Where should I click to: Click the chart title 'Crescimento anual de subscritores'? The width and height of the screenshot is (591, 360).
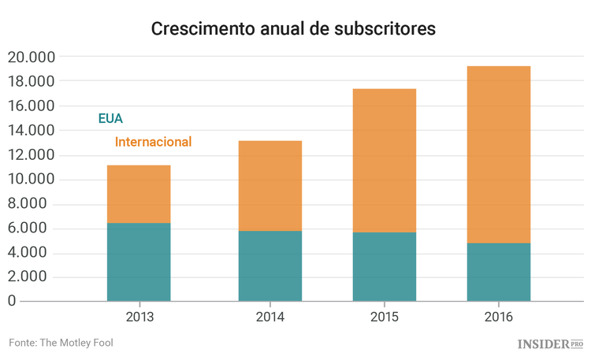coord(293,29)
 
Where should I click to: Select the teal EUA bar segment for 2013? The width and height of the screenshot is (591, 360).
coord(139,262)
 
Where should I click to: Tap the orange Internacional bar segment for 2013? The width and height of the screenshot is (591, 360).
coord(139,194)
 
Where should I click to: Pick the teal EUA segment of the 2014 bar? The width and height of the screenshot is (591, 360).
coord(270,265)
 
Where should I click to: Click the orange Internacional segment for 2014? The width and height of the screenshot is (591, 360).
coord(270,186)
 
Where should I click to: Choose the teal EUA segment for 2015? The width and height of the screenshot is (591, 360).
coord(385,266)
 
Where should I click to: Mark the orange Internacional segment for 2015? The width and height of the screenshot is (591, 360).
coord(385,161)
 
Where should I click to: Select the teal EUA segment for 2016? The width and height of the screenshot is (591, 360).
coord(499,272)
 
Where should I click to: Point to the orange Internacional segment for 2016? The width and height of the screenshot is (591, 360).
coord(499,154)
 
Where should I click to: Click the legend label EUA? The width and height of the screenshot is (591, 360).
coord(110,119)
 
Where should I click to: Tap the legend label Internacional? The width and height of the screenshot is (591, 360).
coord(153,142)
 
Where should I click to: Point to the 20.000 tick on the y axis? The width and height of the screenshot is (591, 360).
coord(31,57)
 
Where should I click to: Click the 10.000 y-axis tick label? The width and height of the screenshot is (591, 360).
coord(31,179)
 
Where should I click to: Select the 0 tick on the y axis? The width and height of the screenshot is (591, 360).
coord(12,301)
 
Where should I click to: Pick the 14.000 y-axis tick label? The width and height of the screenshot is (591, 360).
coord(31,130)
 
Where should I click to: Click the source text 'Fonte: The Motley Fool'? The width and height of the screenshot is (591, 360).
coord(66,343)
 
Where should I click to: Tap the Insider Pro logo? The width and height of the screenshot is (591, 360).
coord(550,344)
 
